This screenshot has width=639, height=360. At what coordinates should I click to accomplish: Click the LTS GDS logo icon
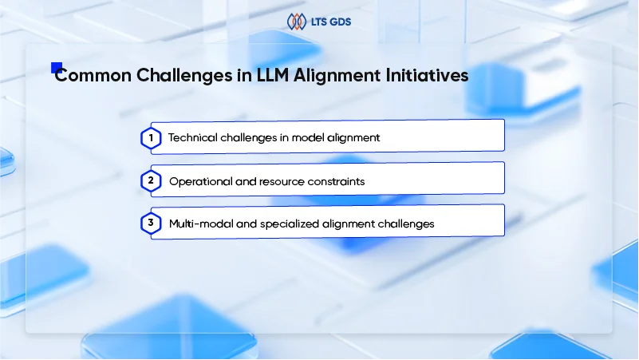296,22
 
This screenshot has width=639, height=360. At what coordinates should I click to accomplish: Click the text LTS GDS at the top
331,22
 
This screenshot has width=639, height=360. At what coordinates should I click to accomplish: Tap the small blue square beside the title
57,68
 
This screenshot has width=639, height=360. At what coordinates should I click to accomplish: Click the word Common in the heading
93,75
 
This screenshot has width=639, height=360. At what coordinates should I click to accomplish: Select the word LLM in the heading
273,75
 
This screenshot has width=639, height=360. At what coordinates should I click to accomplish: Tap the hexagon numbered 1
151,138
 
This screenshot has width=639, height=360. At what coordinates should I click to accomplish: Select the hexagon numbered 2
151,180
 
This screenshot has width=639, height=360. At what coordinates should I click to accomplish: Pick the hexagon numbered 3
151,223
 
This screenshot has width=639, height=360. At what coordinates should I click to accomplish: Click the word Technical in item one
192,138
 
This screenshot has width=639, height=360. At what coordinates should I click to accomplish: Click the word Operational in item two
200,181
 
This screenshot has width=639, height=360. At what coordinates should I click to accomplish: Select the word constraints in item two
336,181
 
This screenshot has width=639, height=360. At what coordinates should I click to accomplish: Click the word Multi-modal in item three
201,224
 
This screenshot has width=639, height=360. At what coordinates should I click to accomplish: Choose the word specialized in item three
290,224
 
